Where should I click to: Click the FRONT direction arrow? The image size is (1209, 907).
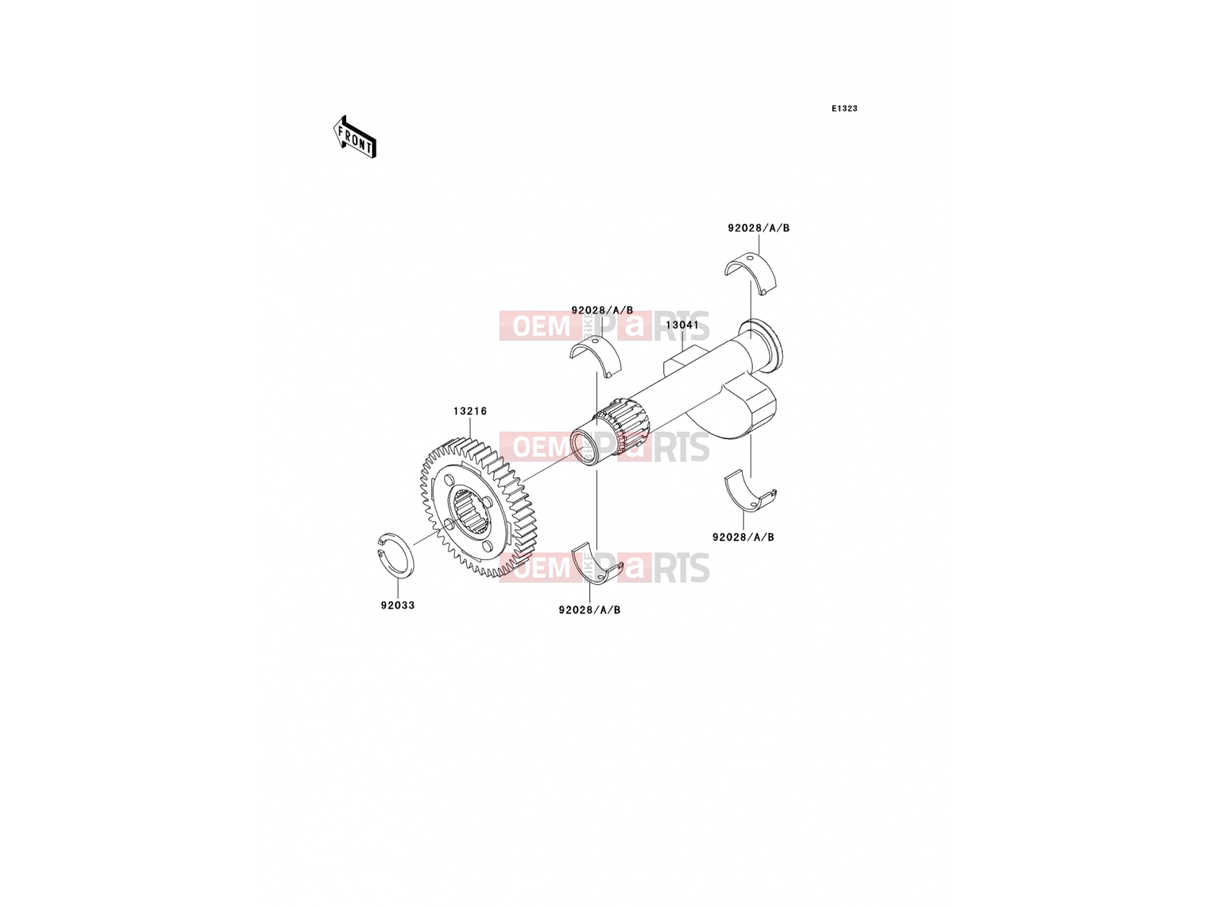point(354,137)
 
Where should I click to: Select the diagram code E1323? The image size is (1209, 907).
point(844,109)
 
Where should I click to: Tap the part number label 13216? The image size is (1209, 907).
point(470,411)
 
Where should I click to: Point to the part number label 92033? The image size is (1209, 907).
point(397,605)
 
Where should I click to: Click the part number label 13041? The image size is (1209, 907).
point(682,325)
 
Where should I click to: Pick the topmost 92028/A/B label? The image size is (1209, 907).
point(759,228)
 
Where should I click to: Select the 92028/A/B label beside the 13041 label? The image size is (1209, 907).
point(602,310)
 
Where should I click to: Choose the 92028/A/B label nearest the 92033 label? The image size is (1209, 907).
point(589,610)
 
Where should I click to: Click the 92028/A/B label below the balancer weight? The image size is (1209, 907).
point(743,537)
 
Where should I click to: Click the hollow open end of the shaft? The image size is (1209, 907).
point(583,447)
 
